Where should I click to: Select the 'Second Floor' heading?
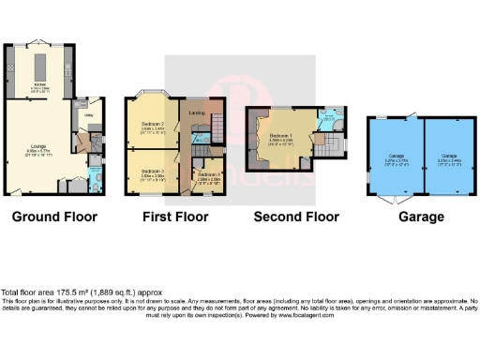pyautogui.click(x=296, y=217)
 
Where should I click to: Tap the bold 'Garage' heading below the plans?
pyautogui.click(x=422, y=217)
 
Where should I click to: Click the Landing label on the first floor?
pyautogui.click(x=197, y=113)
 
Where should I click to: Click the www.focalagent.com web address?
pyautogui.click(x=309, y=314)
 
